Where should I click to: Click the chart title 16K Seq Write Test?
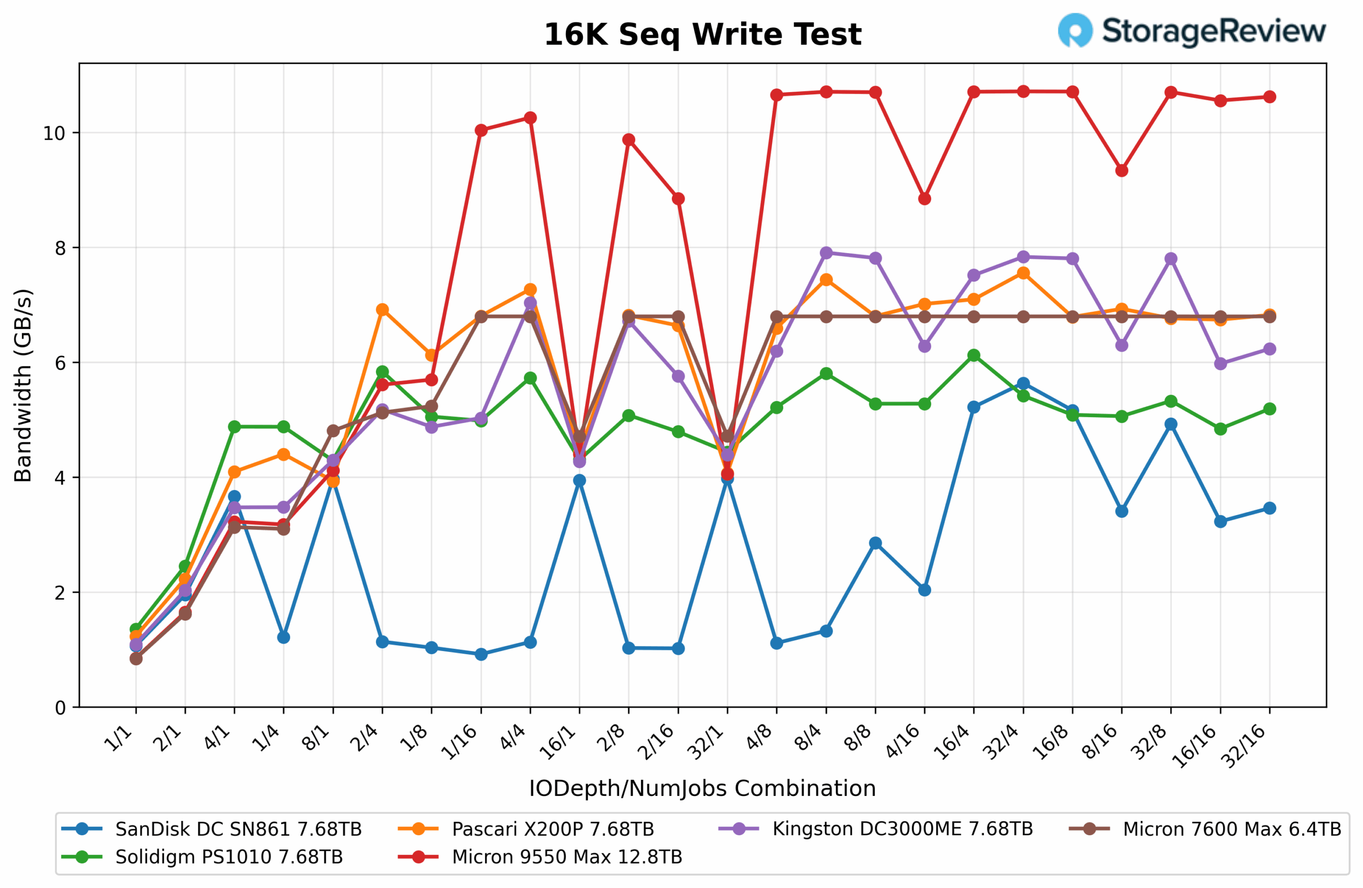click(702, 35)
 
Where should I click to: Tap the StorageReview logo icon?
click(1075, 30)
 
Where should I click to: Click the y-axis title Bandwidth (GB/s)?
click(23, 385)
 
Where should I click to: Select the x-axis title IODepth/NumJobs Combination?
click(702, 788)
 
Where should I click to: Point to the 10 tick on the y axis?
click(54, 134)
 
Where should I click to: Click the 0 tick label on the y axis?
click(60, 708)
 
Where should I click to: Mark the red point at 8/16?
click(1122, 170)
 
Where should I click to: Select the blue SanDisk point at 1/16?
click(481, 654)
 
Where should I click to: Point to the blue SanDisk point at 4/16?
click(924, 590)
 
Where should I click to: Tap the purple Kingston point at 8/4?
click(826, 253)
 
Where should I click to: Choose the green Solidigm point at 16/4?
click(974, 356)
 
